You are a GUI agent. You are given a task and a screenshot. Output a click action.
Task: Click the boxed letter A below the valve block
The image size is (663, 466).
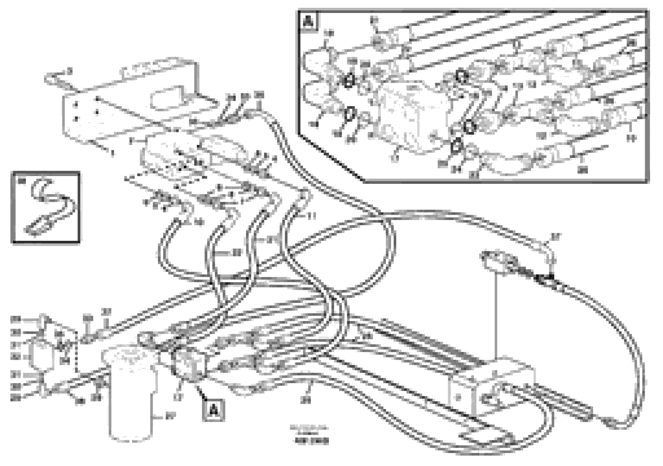pos(213,409)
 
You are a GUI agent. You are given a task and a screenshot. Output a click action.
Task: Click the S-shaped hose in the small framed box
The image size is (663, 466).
pos(51,205)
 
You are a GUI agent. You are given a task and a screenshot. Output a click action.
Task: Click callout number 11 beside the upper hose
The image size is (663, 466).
pos(312,216)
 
